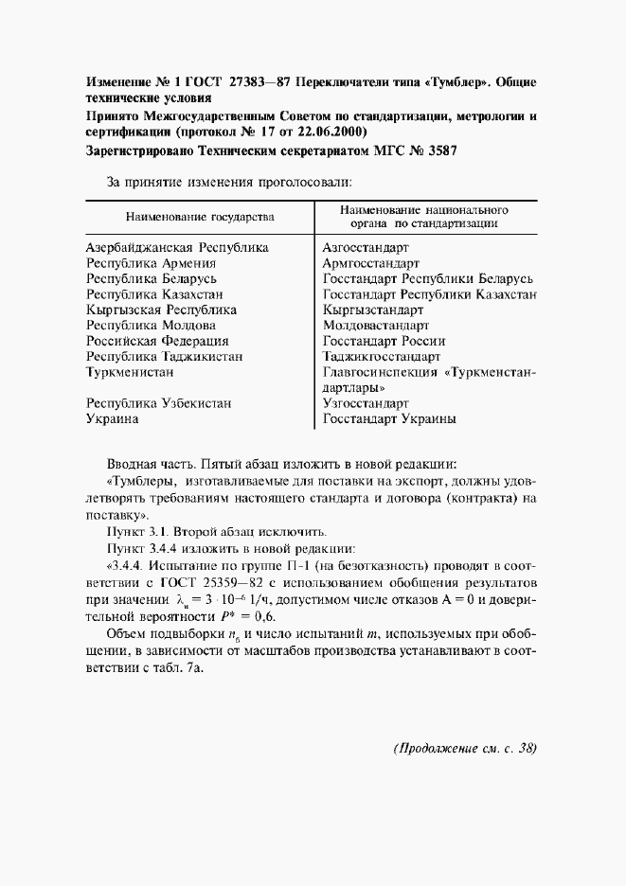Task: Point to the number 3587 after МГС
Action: tap(439, 151)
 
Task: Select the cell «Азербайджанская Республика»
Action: tap(177, 248)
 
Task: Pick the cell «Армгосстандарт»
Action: tap(371, 263)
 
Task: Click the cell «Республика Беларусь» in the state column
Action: tap(152, 278)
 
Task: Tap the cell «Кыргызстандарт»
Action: tap(372, 310)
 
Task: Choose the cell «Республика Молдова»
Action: tap(151, 325)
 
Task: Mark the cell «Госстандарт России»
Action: tap(384, 341)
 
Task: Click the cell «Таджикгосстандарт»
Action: tap(381, 356)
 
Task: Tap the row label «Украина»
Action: tap(112, 418)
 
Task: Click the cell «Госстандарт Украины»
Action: tap(389, 418)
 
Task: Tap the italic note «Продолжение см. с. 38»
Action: tap(465, 748)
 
